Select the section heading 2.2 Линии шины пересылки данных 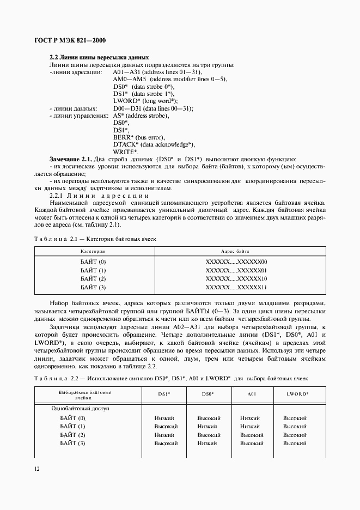tap(99, 57)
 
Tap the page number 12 tap(36, 469)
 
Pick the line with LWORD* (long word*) tap(145, 101)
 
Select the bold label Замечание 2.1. tap(70, 159)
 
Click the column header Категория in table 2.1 tap(93, 252)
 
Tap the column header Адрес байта tap(235, 252)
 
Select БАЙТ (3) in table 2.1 tap(93, 287)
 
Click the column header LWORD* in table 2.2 tap(297, 393)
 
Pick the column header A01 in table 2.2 tap(252, 393)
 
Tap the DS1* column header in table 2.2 tap(164, 393)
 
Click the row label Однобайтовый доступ tap(80, 408)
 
